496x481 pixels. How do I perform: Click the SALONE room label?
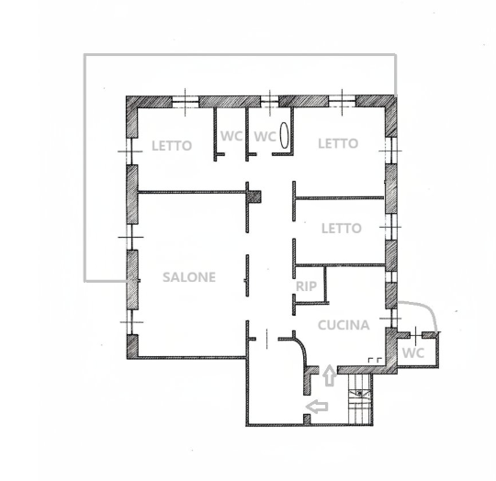point(189,277)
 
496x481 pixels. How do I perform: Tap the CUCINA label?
point(344,325)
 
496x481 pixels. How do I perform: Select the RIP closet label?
point(306,286)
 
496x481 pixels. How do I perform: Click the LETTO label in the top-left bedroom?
point(172,146)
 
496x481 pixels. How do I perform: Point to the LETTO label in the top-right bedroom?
point(338,143)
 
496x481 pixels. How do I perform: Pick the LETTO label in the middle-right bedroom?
point(342,229)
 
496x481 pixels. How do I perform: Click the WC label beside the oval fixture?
point(265,136)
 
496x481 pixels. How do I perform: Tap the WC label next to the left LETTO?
point(231,136)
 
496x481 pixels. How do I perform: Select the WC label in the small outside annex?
point(412,352)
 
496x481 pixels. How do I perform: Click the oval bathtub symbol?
point(285,136)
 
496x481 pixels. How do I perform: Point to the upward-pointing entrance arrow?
point(330,375)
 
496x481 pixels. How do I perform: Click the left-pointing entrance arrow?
point(317,407)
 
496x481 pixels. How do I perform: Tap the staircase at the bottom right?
point(360,399)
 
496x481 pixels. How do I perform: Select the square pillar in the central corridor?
point(254,196)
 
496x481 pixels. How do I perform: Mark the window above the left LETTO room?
point(186,102)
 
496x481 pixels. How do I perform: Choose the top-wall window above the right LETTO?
point(342,102)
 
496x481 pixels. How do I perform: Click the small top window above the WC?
point(269,102)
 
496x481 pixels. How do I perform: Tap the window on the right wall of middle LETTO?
point(391,227)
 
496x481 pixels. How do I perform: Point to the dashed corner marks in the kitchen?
point(375,360)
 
